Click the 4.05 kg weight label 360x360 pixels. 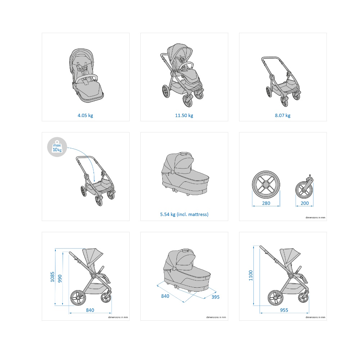click(x=85, y=115)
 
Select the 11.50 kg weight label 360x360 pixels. click(x=184, y=115)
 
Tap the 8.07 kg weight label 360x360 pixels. click(x=283, y=115)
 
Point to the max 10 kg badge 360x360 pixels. click(x=57, y=147)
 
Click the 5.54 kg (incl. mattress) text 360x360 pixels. click(x=184, y=215)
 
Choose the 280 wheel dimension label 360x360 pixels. click(x=266, y=203)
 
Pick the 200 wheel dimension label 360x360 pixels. click(x=305, y=203)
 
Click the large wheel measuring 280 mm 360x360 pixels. click(x=266, y=184)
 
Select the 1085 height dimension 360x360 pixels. click(x=52, y=277)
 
